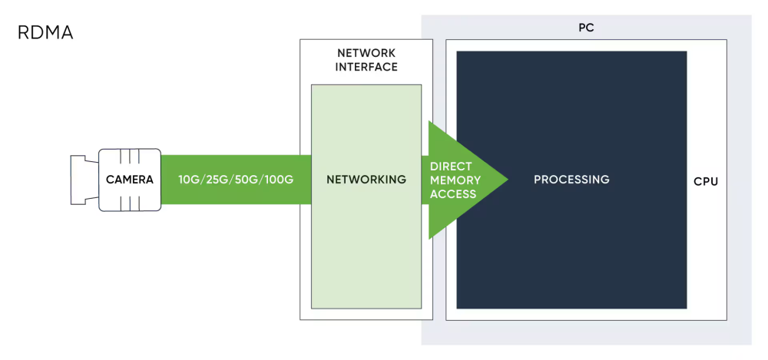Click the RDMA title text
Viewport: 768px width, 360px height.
point(45,34)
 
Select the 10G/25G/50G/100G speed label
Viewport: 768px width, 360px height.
point(236,180)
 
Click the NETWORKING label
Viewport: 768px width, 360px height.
point(366,180)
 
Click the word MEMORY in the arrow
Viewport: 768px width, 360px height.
point(455,180)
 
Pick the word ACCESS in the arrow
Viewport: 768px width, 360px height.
point(453,193)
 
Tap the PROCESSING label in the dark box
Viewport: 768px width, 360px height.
point(571,180)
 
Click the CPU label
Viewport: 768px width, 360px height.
point(706,182)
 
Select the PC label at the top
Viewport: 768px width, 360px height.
point(586,28)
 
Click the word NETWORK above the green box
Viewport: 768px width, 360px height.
point(366,53)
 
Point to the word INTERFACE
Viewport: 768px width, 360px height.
point(366,67)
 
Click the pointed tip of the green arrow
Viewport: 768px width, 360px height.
point(506,180)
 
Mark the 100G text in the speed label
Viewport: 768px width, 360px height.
point(279,180)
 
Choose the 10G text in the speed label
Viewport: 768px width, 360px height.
point(189,180)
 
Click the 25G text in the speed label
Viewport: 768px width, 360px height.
point(217,180)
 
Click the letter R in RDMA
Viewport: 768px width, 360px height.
point(23,34)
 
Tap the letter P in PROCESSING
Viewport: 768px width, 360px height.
point(538,180)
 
